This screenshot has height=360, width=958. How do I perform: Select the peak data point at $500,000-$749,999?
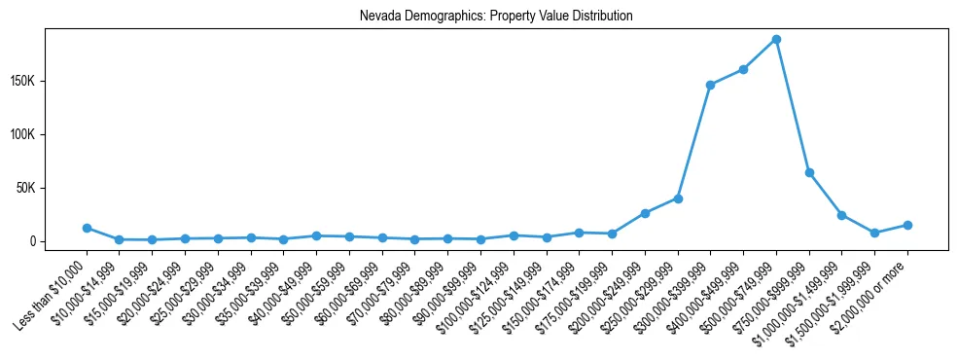(776, 39)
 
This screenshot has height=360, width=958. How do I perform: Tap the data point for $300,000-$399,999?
(710, 85)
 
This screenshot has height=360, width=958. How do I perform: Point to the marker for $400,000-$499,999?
(743, 69)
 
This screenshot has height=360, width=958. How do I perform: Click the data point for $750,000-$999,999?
(809, 172)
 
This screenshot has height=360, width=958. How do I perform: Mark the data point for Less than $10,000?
(87, 228)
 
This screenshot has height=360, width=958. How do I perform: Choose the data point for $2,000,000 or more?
(907, 225)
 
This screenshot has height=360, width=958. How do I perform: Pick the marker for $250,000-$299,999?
(678, 198)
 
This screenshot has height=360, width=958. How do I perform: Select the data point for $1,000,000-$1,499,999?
(841, 215)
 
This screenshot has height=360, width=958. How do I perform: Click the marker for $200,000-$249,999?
(645, 213)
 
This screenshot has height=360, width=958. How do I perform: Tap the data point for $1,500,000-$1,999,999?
(874, 233)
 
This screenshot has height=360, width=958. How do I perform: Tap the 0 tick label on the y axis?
(58, 241)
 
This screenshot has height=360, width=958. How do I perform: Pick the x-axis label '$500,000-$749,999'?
(739, 289)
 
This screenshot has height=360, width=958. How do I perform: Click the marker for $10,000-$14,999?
(120, 239)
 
